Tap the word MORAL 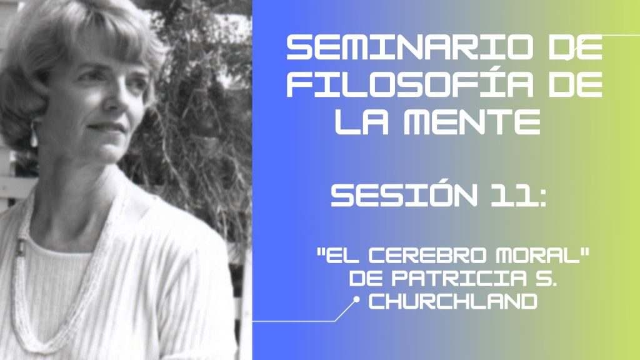point(538,256)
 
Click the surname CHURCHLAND point(452,302)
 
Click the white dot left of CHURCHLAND point(356,299)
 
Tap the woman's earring point(34,136)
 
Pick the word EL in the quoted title point(342,256)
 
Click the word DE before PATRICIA point(366,278)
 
